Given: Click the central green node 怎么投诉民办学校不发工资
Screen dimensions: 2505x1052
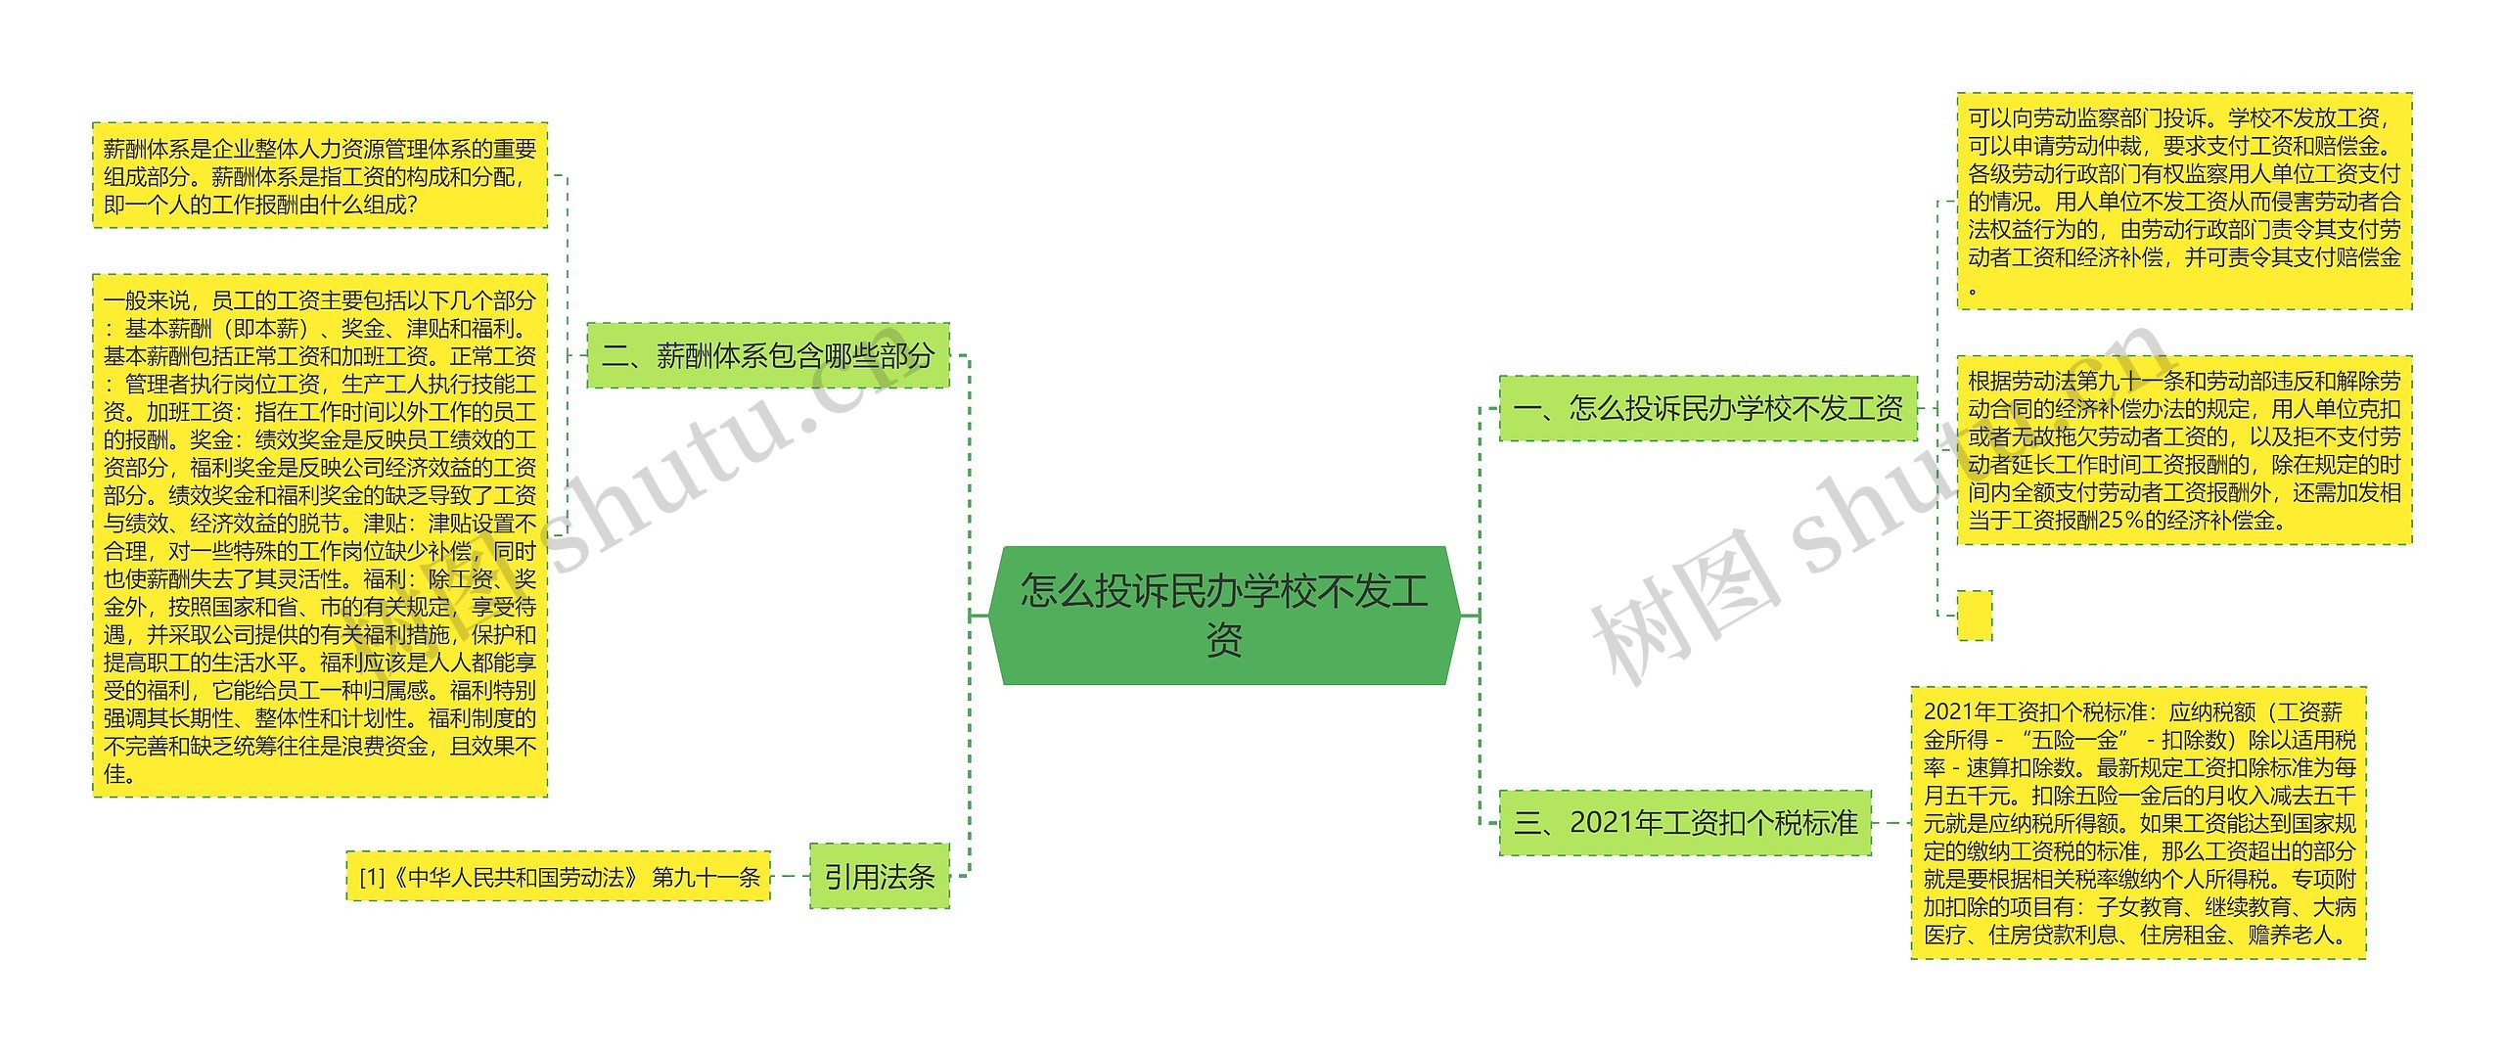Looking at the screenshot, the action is point(1224,615).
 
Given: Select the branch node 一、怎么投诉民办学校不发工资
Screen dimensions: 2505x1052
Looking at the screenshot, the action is point(1708,407).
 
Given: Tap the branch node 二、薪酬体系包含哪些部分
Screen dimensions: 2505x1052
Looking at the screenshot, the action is point(768,355).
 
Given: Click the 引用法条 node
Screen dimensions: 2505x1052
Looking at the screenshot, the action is point(879,877).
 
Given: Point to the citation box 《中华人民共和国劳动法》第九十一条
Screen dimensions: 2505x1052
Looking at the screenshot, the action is point(559,877).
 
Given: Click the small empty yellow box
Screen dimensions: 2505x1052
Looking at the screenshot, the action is point(1974,616).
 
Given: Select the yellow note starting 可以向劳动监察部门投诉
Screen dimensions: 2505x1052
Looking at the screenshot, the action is point(2184,201).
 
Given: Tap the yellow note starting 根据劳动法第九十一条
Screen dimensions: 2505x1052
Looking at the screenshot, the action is point(2184,450).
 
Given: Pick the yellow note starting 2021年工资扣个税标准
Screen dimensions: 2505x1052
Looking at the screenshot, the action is point(2138,823).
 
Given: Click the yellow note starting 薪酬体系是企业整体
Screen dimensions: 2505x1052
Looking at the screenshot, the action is point(320,176).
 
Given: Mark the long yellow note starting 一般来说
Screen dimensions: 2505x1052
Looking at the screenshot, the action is point(320,536).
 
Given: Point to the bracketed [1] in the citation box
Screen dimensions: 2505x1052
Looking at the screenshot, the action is point(372,878).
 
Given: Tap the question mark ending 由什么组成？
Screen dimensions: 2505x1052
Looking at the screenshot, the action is point(408,206).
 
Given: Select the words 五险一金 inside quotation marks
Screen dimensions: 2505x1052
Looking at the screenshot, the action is point(2073,740).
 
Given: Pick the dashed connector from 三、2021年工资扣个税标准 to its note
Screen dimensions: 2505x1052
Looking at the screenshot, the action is point(1891,823).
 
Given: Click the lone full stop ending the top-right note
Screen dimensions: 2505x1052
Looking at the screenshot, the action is point(1973,289).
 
